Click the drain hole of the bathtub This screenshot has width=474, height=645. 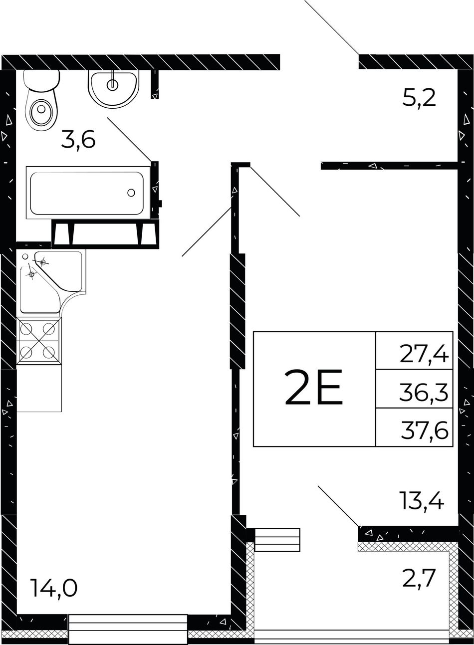[131, 193]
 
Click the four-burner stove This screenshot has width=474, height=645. [39, 341]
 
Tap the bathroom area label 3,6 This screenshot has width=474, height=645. [78, 141]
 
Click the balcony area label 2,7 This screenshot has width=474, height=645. [418, 579]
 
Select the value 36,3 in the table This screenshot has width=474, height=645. [424, 393]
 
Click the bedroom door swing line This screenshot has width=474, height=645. [275, 191]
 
